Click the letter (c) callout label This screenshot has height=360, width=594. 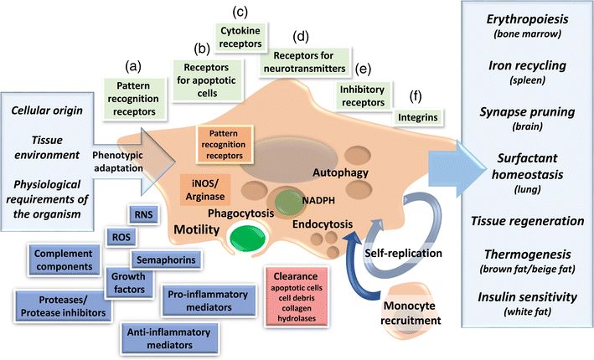(239, 13)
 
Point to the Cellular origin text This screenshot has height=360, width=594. (50, 111)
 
